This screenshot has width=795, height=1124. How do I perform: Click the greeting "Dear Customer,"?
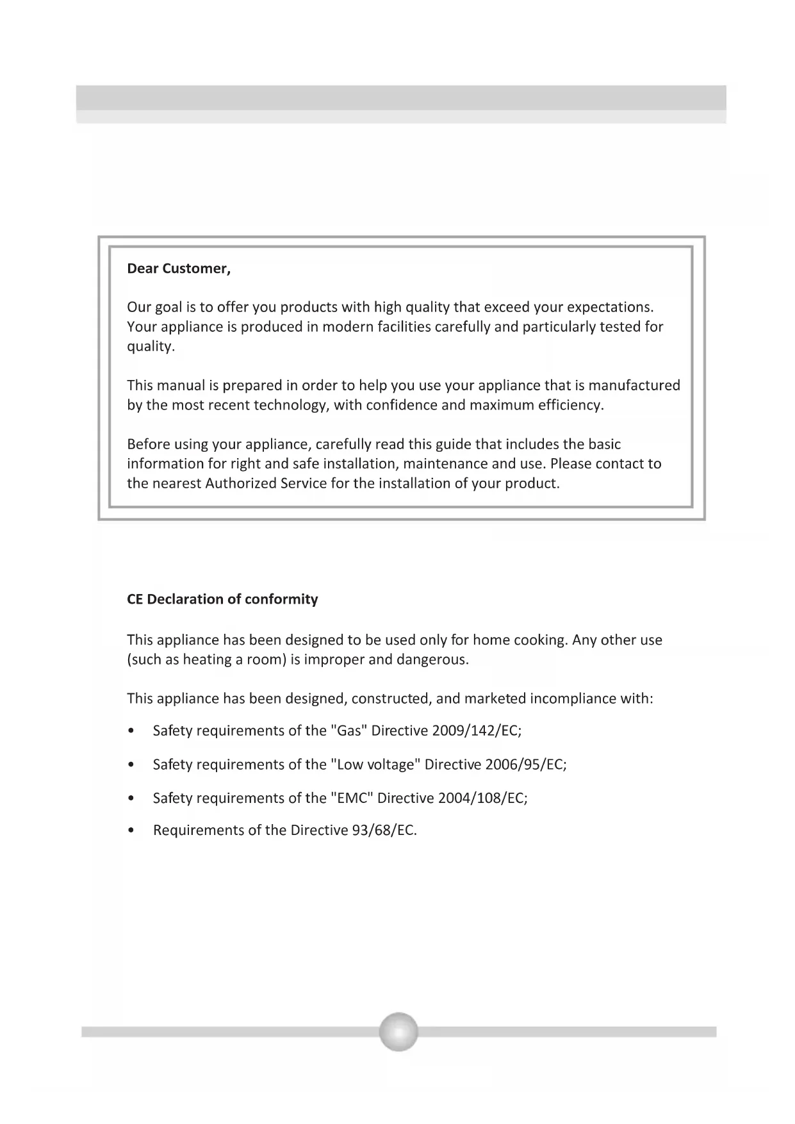click(179, 269)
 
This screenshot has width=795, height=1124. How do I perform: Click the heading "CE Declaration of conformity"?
click(222, 599)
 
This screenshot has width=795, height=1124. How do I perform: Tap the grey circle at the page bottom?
click(398, 1031)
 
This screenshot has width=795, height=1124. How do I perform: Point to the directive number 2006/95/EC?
click(525, 764)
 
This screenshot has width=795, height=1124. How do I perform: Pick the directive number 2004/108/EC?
click(482, 798)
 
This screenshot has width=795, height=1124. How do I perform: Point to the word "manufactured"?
click(634, 386)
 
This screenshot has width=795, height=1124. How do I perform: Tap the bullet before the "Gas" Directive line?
click(131, 731)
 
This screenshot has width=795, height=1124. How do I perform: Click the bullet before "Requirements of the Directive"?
click(131, 831)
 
